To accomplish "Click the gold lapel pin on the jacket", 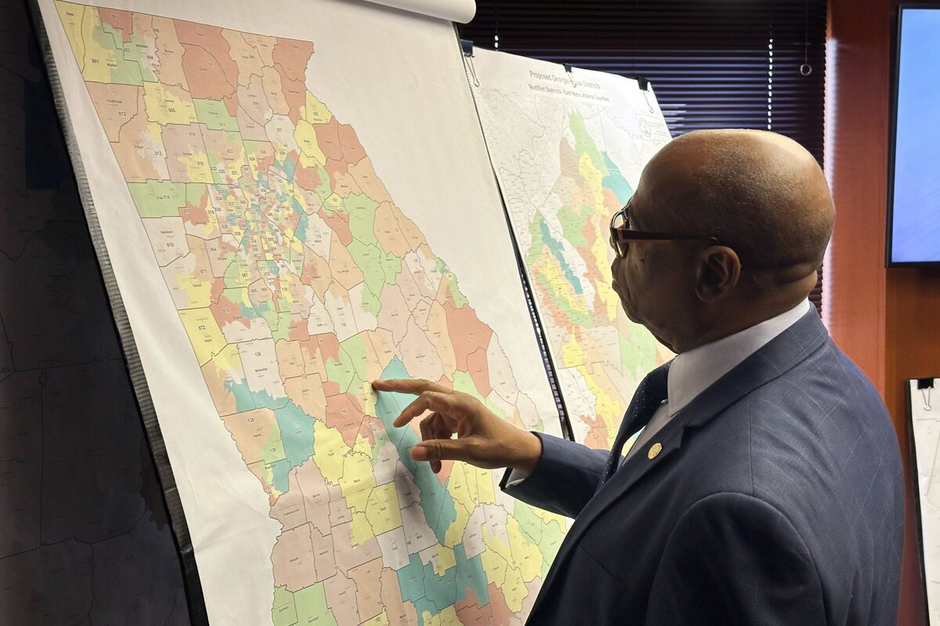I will click(x=654, y=451).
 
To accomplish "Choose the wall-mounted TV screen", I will click(x=915, y=133).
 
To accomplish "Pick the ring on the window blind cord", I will click(x=805, y=69).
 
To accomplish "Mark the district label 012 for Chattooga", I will click(x=121, y=114).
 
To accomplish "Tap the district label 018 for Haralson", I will click(x=170, y=244).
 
